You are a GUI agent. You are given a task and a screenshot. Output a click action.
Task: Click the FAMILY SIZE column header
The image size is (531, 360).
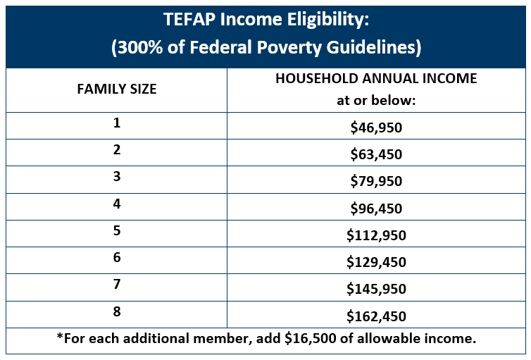(116, 89)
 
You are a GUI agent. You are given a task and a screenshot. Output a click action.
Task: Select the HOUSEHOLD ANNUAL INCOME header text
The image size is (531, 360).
(376, 79)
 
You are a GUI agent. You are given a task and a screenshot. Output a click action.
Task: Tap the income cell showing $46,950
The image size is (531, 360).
(376, 128)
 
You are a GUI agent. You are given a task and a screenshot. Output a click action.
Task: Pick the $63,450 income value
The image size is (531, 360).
(376, 154)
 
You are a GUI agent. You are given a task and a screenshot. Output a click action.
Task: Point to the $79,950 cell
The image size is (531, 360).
(376, 181)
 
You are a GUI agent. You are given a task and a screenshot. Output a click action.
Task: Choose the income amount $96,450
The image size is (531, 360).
(376, 208)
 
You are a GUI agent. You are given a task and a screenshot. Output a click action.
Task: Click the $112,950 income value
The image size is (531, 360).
(376, 235)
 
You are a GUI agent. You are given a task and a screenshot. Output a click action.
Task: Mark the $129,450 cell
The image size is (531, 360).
(376, 261)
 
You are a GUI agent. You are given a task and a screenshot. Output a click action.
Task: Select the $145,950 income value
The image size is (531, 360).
(376, 288)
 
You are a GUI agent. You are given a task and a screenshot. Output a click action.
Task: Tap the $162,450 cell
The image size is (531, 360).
(376, 315)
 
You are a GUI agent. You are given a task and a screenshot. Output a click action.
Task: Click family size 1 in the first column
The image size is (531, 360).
(116, 123)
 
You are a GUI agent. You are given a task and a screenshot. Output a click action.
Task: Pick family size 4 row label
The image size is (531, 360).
(116, 204)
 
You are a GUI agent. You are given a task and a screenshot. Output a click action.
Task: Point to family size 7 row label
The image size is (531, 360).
(116, 284)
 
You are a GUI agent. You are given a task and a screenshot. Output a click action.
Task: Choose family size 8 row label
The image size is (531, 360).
(116, 311)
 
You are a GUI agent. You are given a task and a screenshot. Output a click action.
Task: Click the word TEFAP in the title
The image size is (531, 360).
(189, 21)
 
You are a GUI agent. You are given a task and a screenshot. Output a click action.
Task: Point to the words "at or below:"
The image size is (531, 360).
(376, 100)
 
